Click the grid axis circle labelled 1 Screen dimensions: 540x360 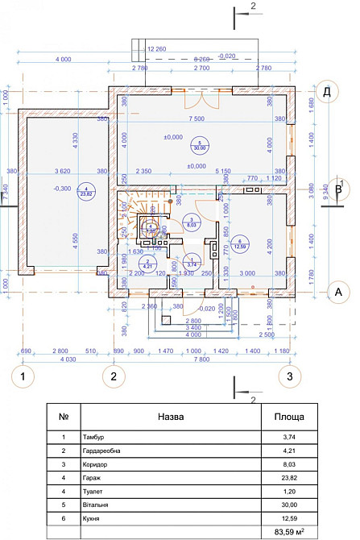pyautogui.click(x=24, y=376)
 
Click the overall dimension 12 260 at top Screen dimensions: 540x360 pyautogui.click(x=158, y=49)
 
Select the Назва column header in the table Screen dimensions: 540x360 pyautogui.click(x=172, y=417)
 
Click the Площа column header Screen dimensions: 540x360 pyautogui.click(x=288, y=417)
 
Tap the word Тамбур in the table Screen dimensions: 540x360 pyautogui.click(x=93, y=436)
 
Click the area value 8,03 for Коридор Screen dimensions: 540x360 pyautogui.click(x=288, y=463)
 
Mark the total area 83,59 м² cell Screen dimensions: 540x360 pyautogui.click(x=288, y=531)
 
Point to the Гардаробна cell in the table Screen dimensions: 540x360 pyautogui.click(x=101, y=450)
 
